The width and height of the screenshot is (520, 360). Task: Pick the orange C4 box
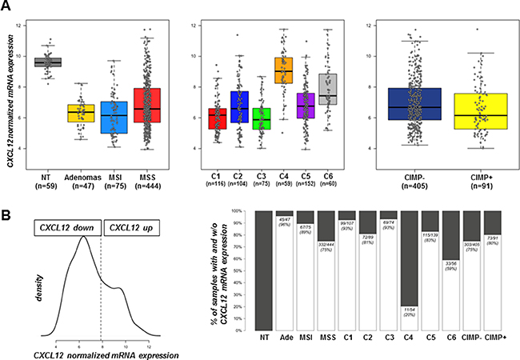click(x=283, y=77)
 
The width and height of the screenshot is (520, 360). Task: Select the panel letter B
click(x=7, y=214)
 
